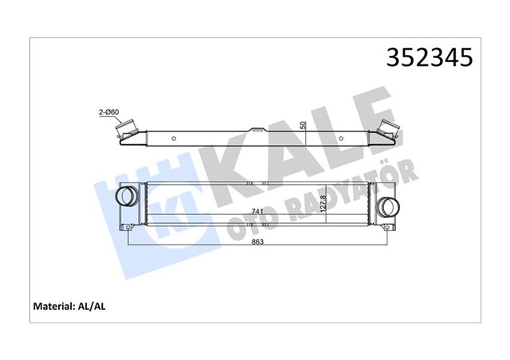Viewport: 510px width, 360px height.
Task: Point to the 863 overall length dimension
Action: pyautogui.click(x=256, y=241)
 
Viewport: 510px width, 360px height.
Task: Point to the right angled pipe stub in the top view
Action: pyautogui.click(x=390, y=131)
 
